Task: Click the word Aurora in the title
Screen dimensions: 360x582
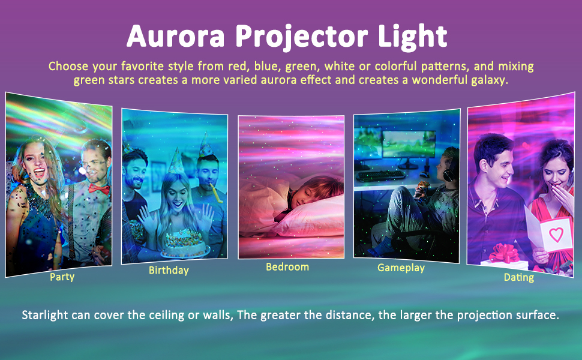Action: click(175, 37)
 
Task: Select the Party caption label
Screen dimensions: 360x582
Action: click(62, 278)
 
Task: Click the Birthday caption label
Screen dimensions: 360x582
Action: click(169, 270)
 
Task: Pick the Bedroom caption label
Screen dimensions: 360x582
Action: click(287, 266)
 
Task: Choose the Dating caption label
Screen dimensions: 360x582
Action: click(519, 277)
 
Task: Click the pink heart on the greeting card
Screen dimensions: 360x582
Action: click(556, 235)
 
